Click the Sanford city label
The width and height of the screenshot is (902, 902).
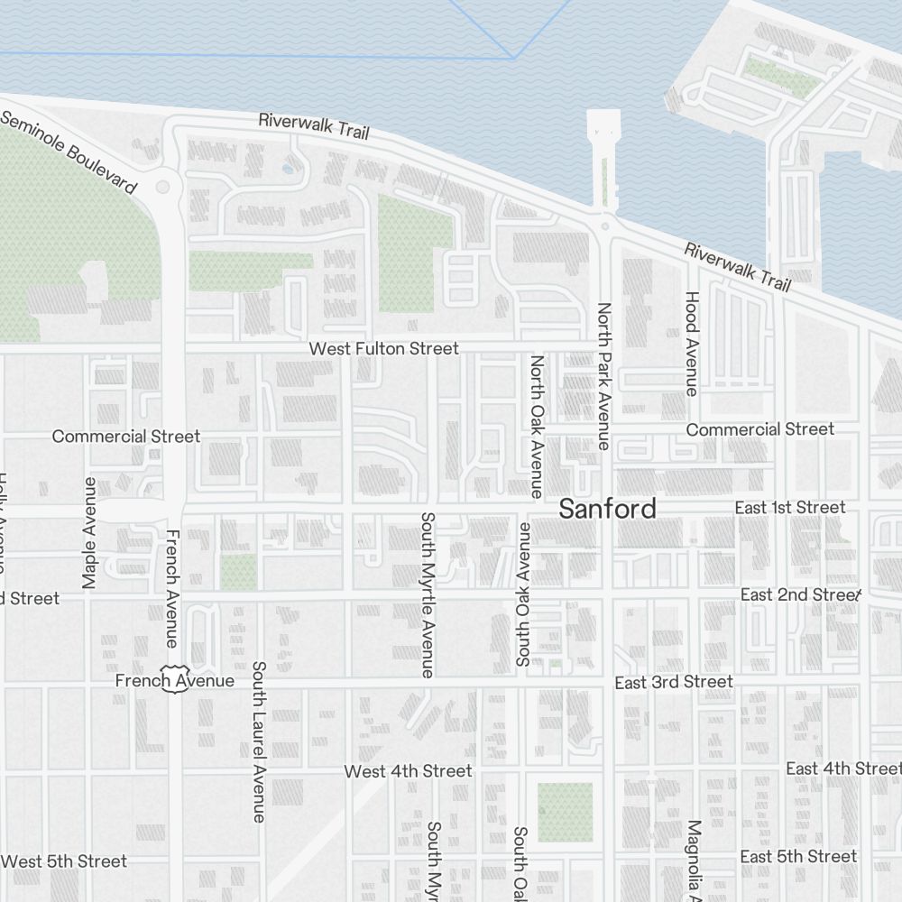[x=607, y=509]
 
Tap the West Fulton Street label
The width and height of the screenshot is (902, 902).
[x=383, y=348]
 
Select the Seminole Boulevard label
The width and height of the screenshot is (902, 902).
[x=69, y=153]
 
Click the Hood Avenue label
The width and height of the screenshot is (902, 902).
[x=692, y=343]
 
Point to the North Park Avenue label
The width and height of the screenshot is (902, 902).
[x=604, y=376]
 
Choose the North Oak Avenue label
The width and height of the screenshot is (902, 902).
[x=537, y=426]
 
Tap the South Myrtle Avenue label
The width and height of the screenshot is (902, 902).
[x=428, y=594]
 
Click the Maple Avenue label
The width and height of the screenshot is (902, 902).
[x=89, y=533]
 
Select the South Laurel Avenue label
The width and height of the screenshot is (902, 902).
[x=259, y=741]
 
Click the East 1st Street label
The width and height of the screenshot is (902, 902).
[x=790, y=508]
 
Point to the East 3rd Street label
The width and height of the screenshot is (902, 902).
[x=674, y=682]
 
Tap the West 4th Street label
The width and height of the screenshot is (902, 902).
[x=408, y=771]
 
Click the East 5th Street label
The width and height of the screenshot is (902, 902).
[x=798, y=856]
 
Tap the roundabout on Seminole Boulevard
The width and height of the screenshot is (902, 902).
[x=163, y=187]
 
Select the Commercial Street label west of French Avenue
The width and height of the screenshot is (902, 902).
[x=125, y=437]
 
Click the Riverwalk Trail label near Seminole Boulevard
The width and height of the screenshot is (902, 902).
[x=314, y=124]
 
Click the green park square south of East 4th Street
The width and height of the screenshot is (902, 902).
[x=565, y=812]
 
